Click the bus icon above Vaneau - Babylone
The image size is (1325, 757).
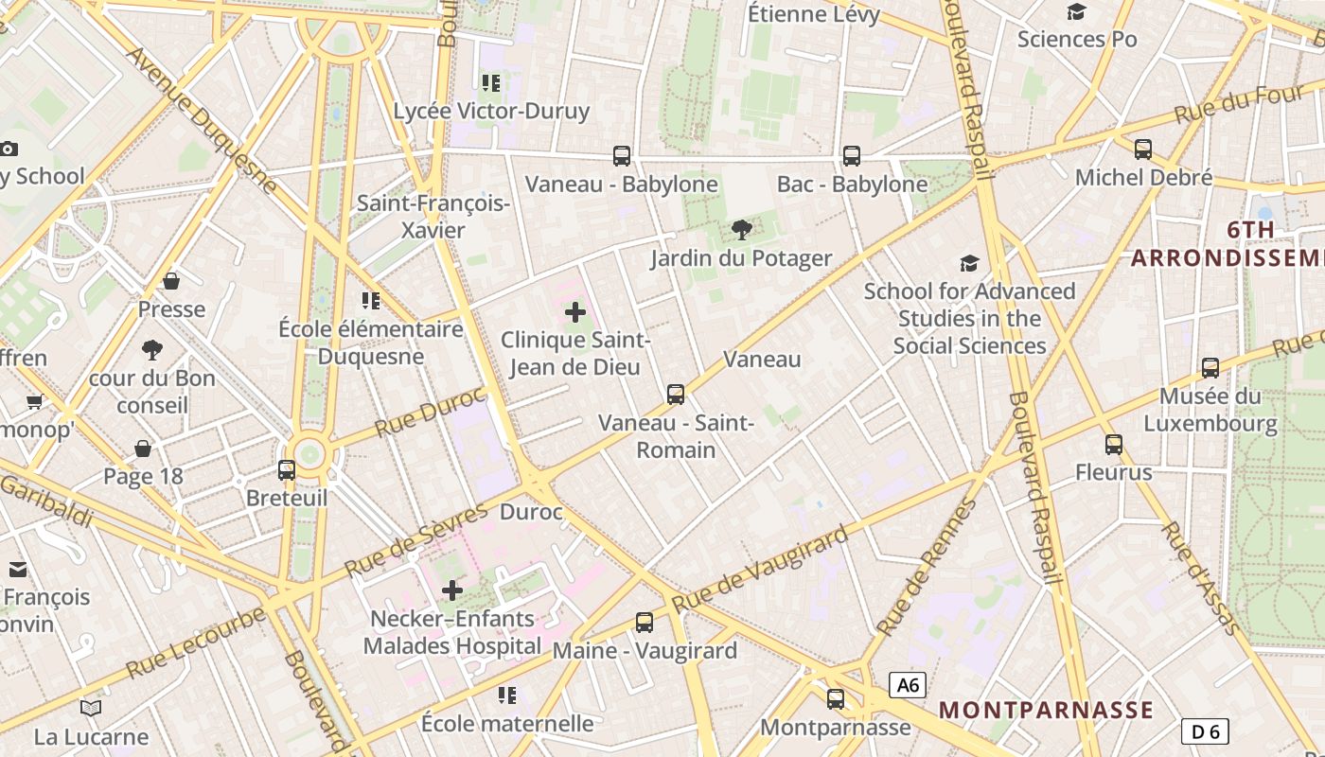(x=622, y=156)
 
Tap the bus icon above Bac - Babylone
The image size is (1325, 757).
(x=852, y=156)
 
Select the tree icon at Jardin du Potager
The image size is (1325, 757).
(x=742, y=230)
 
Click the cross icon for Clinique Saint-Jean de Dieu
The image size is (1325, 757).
(x=575, y=312)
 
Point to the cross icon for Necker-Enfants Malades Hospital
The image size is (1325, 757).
(x=452, y=591)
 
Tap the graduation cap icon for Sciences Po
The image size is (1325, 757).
(x=1076, y=11)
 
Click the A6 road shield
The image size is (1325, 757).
(x=907, y=685)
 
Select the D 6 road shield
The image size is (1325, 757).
(x=1205, y=731)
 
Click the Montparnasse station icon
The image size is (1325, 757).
(x=836, y=699)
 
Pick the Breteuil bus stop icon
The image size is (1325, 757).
(x=286, y=469)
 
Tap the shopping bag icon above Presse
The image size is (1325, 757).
(x=171, y=281)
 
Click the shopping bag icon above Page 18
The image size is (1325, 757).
(x=143, y=449)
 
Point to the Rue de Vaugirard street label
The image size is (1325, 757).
(x=759, y=571)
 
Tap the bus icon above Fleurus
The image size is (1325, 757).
(x=1114, y=444)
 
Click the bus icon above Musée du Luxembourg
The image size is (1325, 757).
(x=1210, y=368)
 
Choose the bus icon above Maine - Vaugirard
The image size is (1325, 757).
(x=645, y=622)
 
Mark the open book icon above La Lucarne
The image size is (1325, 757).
(x=91, y=708)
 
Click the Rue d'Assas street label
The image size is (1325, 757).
(x=1199, y=576)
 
